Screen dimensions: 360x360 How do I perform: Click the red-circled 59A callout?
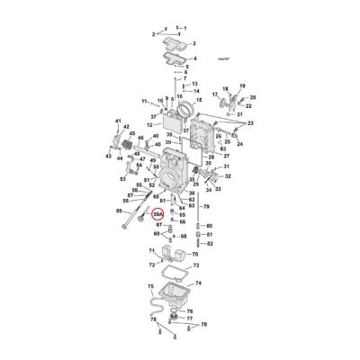[x=158, y=215]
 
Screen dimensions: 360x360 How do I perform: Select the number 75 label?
[x=151, y=285]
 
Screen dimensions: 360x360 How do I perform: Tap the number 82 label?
[x=209, y=244]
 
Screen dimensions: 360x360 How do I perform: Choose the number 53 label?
[x=123, y=179]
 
